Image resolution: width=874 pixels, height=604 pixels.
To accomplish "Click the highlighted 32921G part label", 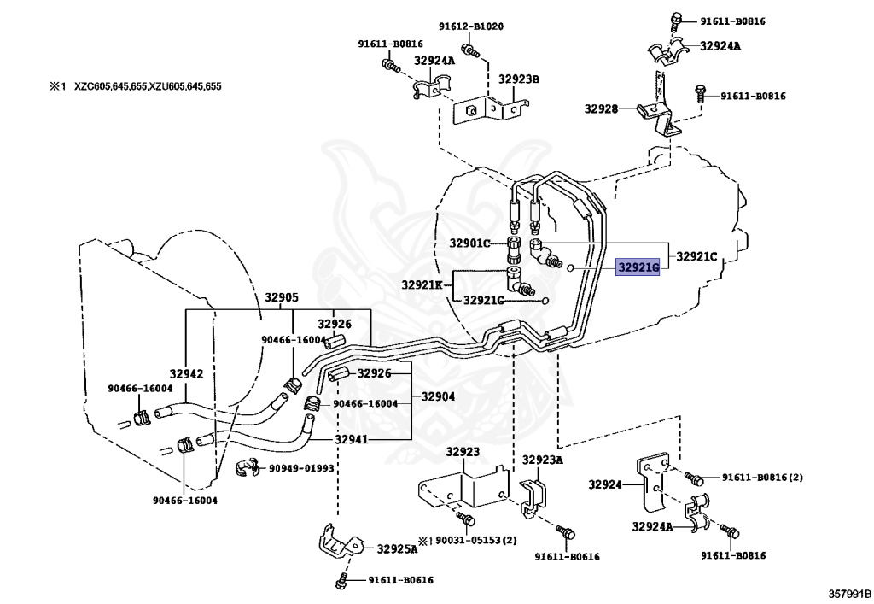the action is click(x=638, y=268).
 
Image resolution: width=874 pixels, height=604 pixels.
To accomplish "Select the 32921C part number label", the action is click(x=696, y=256).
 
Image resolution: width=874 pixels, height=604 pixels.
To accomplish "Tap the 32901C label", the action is click(x=469, y=243).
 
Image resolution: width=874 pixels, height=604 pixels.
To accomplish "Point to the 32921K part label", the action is click(x=422, y=285).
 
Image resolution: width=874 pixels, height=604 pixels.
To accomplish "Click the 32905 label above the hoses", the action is click(x=281, y=298).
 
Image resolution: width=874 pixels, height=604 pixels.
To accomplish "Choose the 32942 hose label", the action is click(x=186, y=373).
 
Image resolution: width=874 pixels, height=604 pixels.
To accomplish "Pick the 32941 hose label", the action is click(x=351, y=439).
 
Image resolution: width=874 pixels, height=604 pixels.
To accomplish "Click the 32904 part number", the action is click(x=438, y=396).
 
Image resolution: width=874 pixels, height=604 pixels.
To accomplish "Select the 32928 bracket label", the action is click(x=601, y=108).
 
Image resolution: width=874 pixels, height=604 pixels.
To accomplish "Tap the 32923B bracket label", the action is click(x=518, y=79).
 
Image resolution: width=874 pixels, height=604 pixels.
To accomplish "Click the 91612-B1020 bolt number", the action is click(x=471, y=26).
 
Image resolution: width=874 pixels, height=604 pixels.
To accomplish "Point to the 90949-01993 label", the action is click(x=301, y=468).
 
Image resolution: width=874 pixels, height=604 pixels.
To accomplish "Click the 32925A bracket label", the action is click(x=397, y=548).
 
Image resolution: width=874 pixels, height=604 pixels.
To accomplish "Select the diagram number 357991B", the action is click(x=849, y=594).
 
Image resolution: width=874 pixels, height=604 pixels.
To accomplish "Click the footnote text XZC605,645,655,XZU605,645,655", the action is click(x=148, y=86).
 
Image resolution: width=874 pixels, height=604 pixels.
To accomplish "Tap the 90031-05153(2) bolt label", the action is click(x=476, y=541).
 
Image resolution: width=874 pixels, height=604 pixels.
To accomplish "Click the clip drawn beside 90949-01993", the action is click(x=246, y=468).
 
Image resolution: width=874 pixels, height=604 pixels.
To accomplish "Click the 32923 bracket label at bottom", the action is click(x=463, y=452).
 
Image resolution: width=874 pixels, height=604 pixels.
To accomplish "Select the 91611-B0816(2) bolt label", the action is click(x=762, y=478).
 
